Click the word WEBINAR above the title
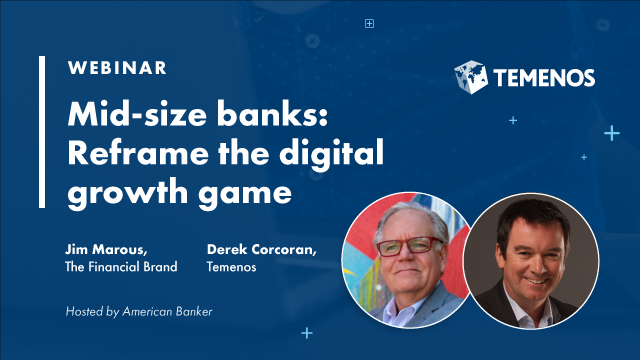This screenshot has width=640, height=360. pos(117,69)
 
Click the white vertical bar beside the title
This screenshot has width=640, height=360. pos(43,131)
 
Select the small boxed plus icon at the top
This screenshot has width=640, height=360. pos(369,23)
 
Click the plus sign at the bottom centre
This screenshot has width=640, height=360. pos(306,333)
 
